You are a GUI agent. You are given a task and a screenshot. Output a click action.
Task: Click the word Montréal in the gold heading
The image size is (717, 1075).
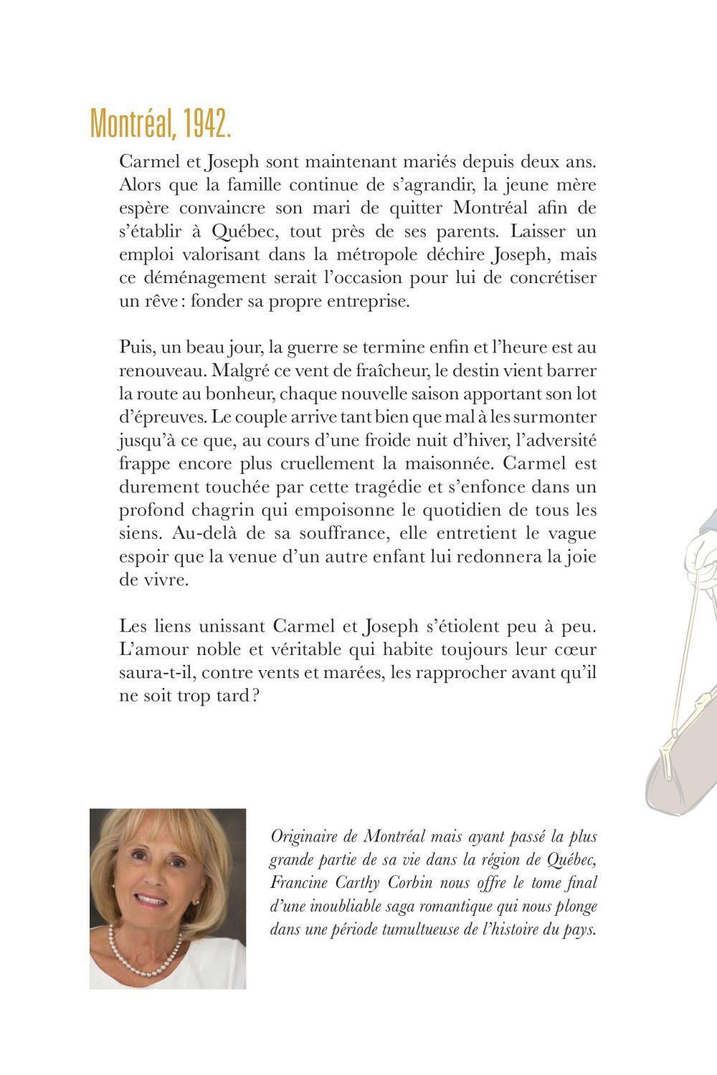(132, 125)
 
